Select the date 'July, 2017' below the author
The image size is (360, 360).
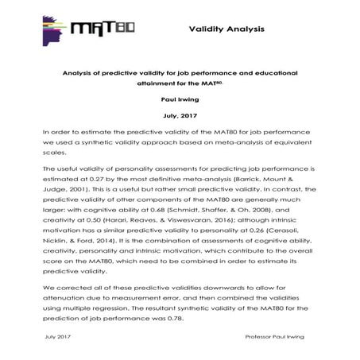181,114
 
